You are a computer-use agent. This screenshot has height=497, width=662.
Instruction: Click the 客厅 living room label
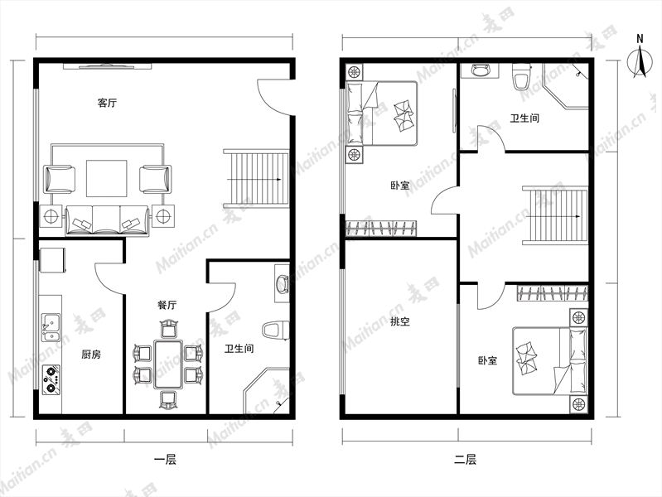pyautogui.click(x=107, y=103)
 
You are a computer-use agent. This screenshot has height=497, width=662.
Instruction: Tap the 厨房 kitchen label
pyautogui.click(x=91, y=355)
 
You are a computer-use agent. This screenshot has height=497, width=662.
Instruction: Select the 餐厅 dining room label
pyautogui.click(x=167, y=305)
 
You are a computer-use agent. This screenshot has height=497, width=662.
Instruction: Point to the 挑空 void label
pyautogui.click(x=400, y=321)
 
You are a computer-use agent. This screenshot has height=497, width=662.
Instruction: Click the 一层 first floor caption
pyautogui.click(x=165, y=460)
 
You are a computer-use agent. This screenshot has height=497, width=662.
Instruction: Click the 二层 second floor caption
pyautogui.click(x=466, y=460)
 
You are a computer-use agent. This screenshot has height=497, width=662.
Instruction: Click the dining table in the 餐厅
pyautogui.click(x=168, y=364)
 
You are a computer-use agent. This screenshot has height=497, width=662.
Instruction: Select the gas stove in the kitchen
pyautogui.click(x=51, y=378)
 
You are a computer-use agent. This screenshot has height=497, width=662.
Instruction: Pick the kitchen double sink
pyautogui.click(x=51, y=327)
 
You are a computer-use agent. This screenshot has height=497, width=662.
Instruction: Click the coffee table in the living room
pyautogui.click(x=107, y=178)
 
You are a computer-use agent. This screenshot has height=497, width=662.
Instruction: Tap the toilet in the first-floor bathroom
pyautogui.click(x=276, y=331)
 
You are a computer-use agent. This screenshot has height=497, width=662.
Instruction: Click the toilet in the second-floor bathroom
pyautogui.click(x=521, y=77)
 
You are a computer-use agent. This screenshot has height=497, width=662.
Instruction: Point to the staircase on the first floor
pyautogui.click(x=256, y=179)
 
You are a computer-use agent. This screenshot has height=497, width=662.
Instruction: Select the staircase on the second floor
pyautogui.click(x=555, y=215)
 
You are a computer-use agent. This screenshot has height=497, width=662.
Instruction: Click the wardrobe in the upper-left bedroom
pyautogui.click(x=382, y=228)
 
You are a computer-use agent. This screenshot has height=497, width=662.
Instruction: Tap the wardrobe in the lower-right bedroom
pyautogui.click(x=553, y=293)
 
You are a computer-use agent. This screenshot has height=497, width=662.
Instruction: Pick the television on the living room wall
pyautogui.click(x=108, y=66)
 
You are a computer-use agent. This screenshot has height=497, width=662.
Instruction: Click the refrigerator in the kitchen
pyautogui.click(x=52, y=260)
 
